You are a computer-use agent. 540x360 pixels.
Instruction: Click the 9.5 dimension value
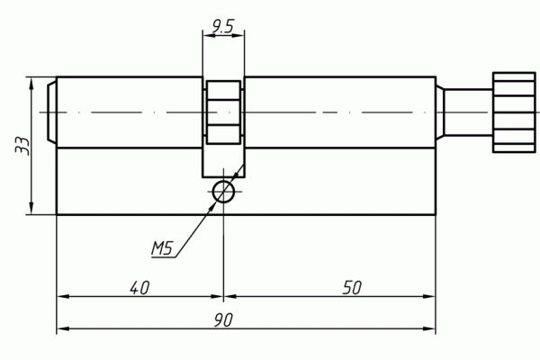pos(223,26)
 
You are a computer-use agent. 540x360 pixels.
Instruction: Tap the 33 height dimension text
pos(22,146)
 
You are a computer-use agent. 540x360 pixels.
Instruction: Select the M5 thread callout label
pos(161,248)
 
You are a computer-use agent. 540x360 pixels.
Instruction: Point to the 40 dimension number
pos(139,288)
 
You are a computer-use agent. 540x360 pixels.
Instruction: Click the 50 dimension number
pos(352,288)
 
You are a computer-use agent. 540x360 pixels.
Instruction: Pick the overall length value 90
pos(223,320)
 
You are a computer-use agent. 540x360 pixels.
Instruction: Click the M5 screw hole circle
pos(223,192)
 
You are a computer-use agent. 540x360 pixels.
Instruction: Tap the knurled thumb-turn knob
pos(514,112)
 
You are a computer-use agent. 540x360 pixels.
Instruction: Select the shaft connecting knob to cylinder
pos(468,112)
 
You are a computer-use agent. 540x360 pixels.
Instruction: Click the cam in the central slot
pos(223,112)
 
